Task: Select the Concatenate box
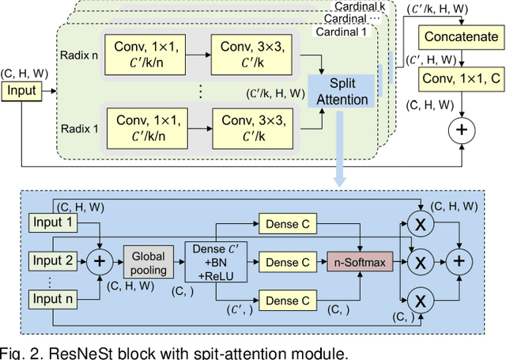click(462, 37)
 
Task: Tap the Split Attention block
click(343, 92)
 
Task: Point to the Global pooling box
click(149, 262)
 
